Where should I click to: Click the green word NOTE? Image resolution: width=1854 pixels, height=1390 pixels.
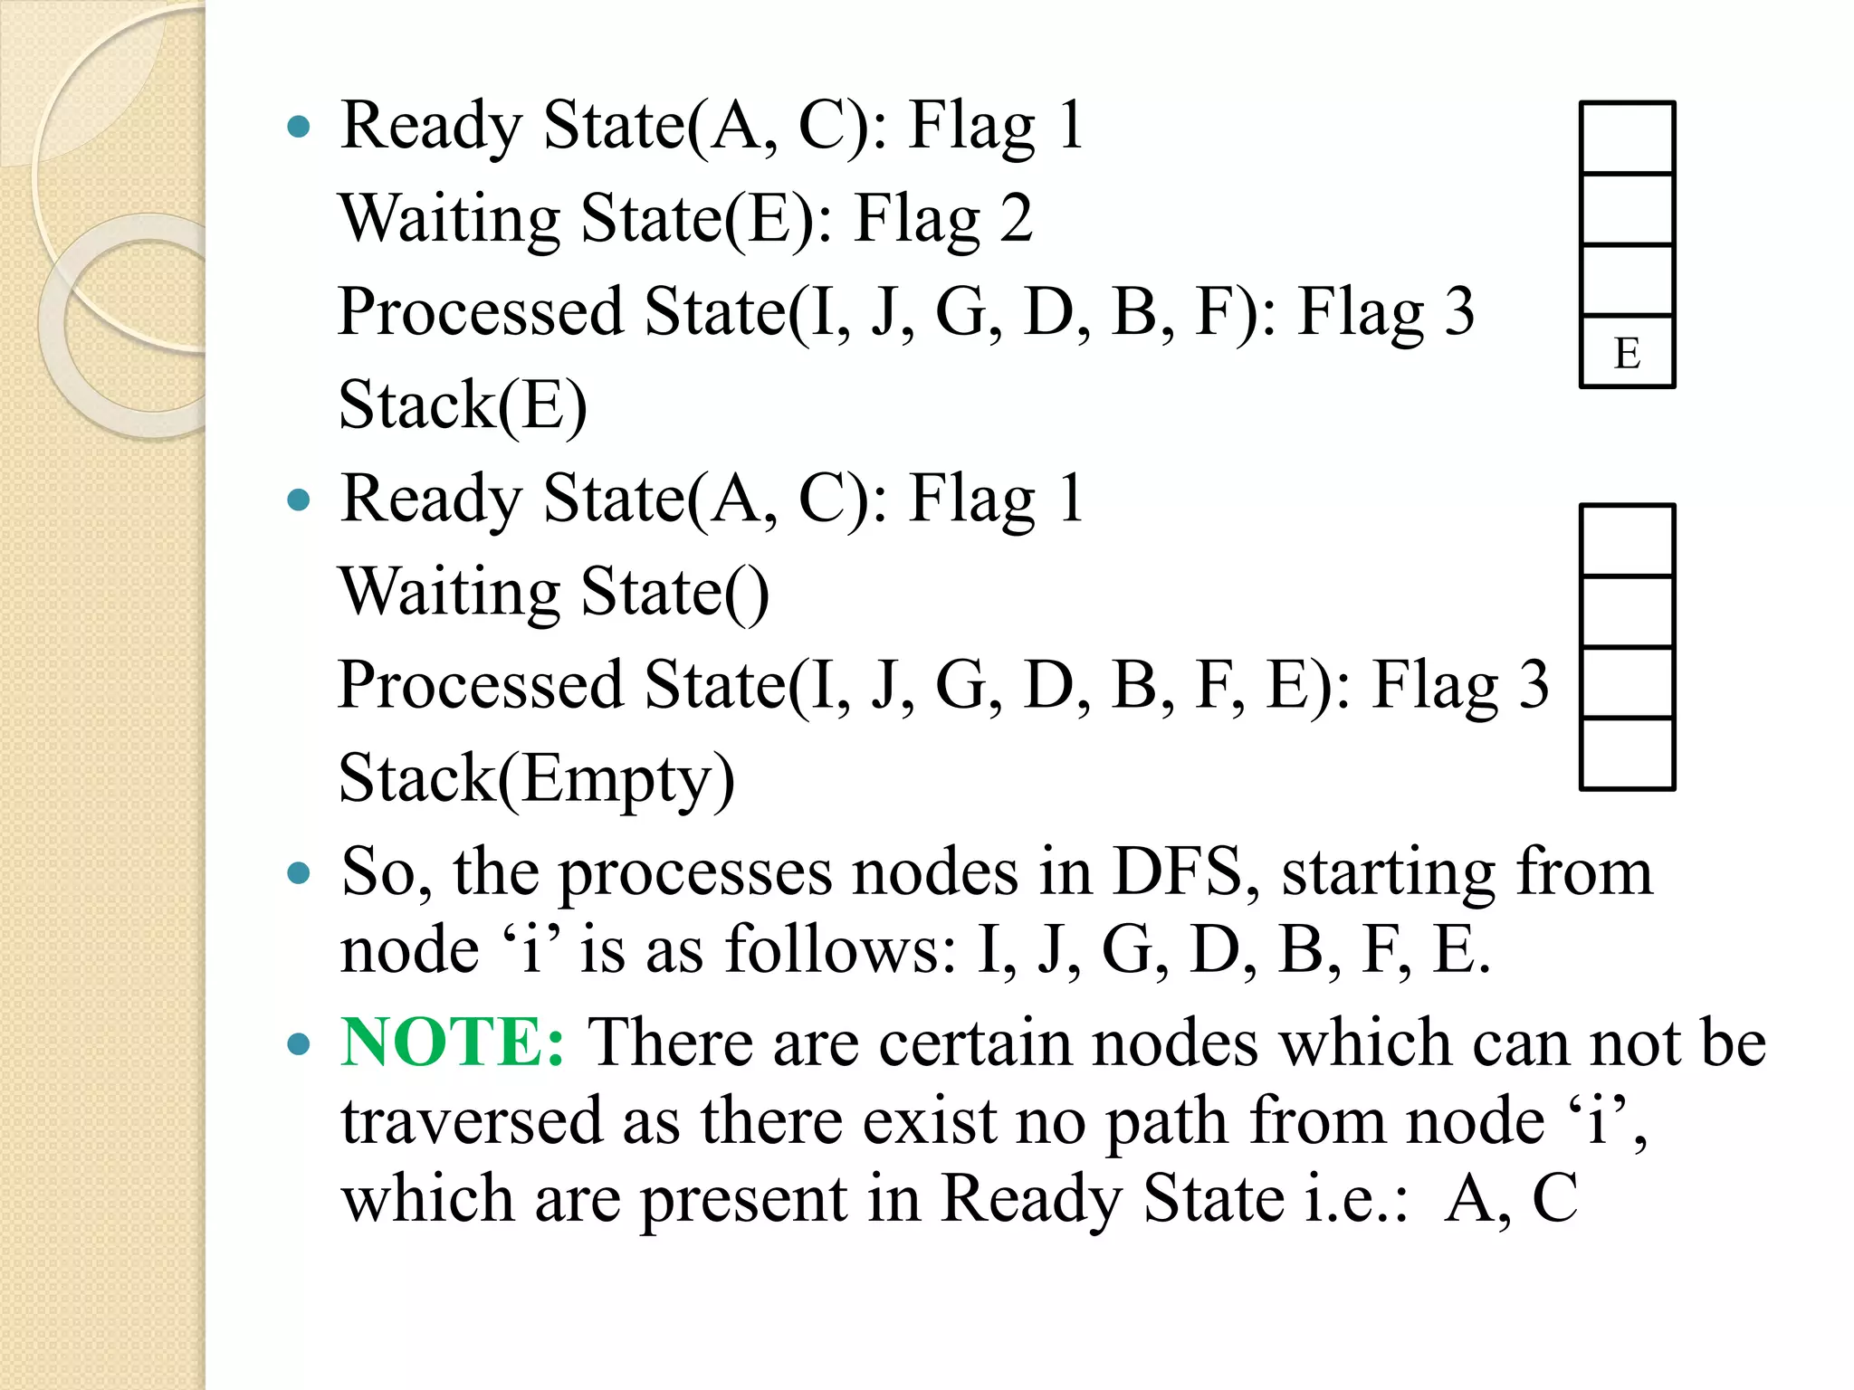click(453, 1042)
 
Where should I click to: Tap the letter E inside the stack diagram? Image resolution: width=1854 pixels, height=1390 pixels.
click(1627, 352)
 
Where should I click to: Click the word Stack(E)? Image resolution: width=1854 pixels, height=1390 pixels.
click(463, 405)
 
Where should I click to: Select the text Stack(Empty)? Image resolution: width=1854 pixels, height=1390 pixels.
click(536, 778)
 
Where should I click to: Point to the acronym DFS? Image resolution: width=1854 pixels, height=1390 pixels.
click(1178, 872)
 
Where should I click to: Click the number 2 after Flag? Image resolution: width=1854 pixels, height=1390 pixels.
click(1016, 219)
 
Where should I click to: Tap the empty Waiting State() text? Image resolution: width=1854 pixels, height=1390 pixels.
click(554, 592)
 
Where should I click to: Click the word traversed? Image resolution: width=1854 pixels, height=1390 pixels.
click(472, 1120)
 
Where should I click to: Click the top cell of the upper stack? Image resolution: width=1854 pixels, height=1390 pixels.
click(1627, 138)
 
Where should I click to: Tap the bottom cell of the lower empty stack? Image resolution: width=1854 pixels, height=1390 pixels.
click(1627, 754)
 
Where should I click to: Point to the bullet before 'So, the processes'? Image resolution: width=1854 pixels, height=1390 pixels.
click(298, 874)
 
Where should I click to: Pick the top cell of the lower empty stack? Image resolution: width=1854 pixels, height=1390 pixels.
click(1627, 540)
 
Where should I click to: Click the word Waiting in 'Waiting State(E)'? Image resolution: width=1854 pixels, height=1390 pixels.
click(450, 219)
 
